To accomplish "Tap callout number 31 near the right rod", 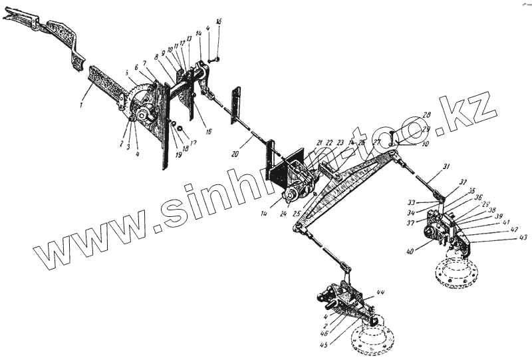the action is (x=447, y=166).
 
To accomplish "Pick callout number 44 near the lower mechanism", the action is (x=380, y=293).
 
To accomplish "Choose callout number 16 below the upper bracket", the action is (x=208, y=132).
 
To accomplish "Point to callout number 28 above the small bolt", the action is (x=426, y=115).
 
